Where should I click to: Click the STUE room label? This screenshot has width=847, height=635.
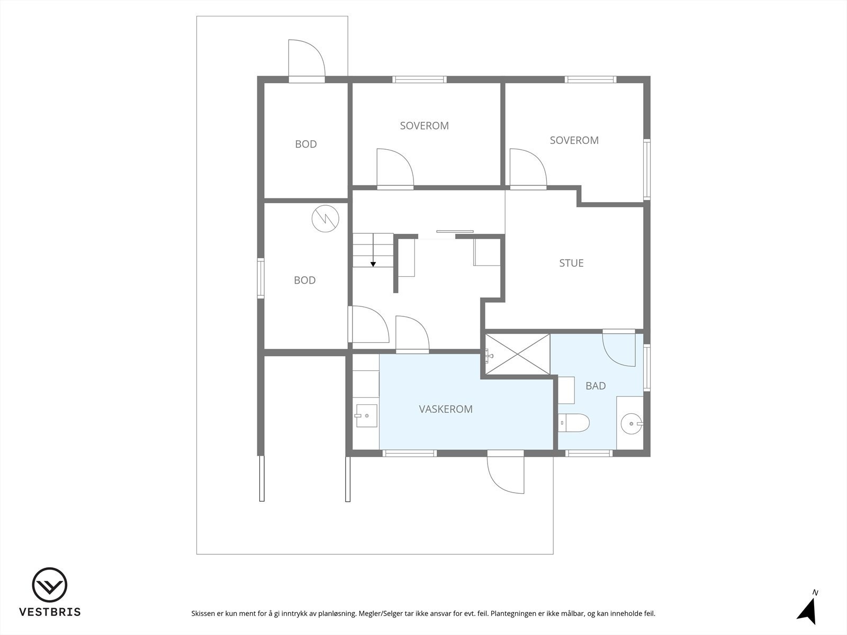(571, 263)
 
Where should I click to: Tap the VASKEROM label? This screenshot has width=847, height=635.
(445, 409)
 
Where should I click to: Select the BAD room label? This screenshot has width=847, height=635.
(595, 386)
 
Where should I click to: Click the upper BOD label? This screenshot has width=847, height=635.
(305, 144)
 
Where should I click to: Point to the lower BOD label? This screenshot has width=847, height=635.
(304, 280)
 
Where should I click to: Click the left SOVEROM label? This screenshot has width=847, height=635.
(424, 125)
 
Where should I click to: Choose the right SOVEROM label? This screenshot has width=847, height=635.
(574, 140)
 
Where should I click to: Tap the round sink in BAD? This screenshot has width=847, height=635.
(631, 423)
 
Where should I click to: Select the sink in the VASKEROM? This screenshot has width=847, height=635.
(366, 416)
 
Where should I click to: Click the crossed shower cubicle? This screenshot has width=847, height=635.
(517, 354)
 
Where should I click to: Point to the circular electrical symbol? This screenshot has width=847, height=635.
(324, 218)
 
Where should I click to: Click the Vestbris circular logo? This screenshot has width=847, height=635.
(49, 585)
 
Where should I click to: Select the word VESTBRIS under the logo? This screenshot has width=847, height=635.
(50, 612)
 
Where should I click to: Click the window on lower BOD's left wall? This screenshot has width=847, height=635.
(260, 278)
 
